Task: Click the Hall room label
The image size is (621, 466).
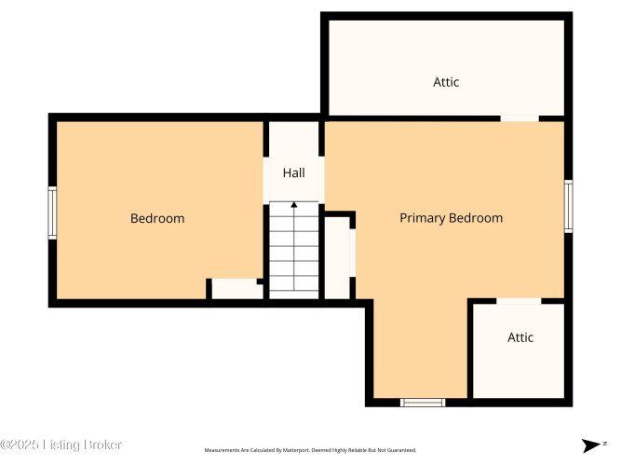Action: [294, 173]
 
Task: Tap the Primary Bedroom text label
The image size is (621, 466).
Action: [452, 218]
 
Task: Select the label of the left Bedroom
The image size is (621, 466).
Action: [157, 218]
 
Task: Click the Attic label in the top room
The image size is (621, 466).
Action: [446, 82]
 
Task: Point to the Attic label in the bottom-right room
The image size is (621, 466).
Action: [520, 337]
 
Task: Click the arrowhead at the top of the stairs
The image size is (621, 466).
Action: [294, 205]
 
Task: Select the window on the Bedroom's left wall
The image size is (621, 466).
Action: [52, 213]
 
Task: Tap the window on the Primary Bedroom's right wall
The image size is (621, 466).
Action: [568, 206]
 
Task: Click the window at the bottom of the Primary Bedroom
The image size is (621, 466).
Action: [423, 403]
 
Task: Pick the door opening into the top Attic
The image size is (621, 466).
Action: [520, 118]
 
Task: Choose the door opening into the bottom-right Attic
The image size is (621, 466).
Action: [519, 301]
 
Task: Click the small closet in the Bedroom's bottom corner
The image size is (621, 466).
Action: [236, 289]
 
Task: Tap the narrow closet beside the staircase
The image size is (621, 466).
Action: [337, 257]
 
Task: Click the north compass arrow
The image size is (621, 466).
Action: [591, 445]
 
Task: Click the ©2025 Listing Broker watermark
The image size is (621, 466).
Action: [61, 445]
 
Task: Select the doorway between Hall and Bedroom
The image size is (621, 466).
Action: [266, 181]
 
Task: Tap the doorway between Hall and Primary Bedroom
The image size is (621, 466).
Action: [321, 180]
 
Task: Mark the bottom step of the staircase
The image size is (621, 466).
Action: [294, 295]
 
